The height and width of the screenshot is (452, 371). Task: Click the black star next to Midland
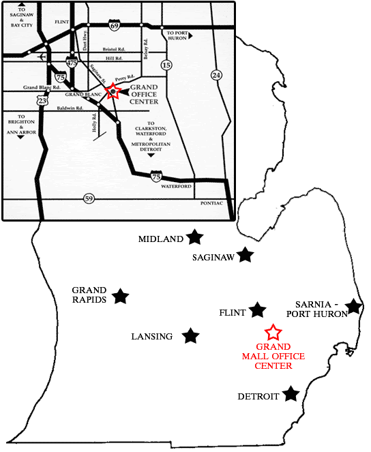[x=195, y=237]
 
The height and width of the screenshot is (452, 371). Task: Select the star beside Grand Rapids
[x=121, y=296]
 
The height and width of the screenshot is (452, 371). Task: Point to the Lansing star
[x=191, y=335]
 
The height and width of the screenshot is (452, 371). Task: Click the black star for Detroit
[x=291, y=393]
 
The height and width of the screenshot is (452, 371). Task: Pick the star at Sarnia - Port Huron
[x=353, y=307]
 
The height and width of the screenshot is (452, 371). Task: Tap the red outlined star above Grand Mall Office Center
[x=273, y=333]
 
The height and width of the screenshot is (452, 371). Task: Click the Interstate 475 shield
[x=72, y=62]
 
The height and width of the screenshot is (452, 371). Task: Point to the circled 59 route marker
[x=89, y=198]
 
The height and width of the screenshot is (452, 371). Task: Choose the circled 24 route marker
[x=216, y=74]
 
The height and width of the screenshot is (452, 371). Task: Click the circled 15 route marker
[x=166, y=65]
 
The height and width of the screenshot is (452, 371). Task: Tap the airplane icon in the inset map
[x=44, y=56]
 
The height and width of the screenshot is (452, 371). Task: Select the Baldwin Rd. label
[x=70, y=108]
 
